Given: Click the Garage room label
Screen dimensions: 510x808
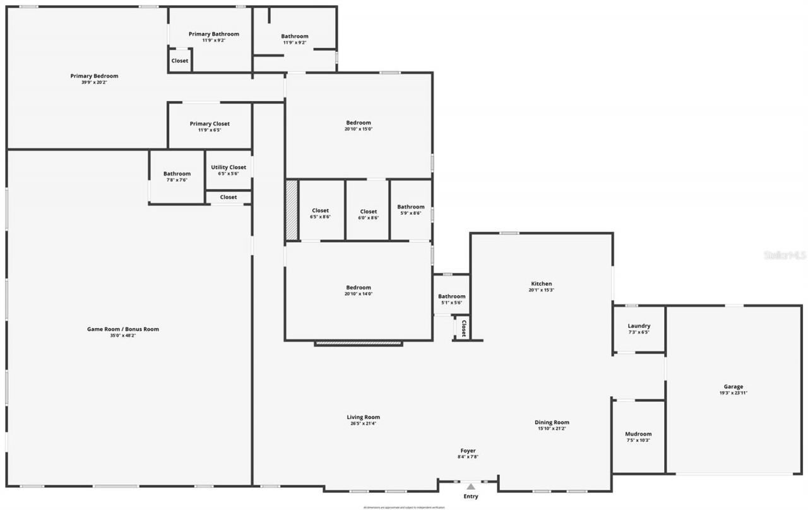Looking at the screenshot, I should [x=733, y=387].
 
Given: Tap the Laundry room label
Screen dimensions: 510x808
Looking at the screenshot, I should [x=639, y=326].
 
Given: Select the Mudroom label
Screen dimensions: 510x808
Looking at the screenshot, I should [x=638, y=434].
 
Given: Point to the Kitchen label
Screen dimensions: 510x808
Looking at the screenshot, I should [x=541, y=284].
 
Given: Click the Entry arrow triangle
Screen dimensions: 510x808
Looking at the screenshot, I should [x=470, y=486].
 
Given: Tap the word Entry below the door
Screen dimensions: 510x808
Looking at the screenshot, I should [x=470, y=497].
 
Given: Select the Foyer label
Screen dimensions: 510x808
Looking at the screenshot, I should [x=468, y=451].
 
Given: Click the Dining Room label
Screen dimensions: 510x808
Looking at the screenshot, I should [x=552, y=423].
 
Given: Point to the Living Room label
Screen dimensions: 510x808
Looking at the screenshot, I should [x=363, y=417].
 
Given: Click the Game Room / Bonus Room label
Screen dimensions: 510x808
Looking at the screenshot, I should [x=123, y=329].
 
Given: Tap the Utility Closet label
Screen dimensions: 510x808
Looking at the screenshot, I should [x=229, y=167].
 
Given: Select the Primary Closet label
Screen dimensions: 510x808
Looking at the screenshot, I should [x=210, y=124].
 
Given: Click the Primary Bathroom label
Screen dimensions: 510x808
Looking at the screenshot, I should [x=214, y=34].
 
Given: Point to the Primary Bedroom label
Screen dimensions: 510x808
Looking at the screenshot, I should [x=94, y=76].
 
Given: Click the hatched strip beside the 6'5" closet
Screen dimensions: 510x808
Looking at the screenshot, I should [x=291, y=210].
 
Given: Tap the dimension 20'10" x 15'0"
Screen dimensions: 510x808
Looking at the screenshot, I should [x=358, y=129].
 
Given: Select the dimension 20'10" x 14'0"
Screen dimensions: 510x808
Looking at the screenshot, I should [x=358, y=294].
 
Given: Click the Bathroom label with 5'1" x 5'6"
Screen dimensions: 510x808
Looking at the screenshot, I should [x=451, y=296].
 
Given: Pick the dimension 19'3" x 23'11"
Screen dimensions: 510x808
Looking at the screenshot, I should [x=733, y=393].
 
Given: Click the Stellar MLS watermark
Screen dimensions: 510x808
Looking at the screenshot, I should [x=785, y=255].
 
